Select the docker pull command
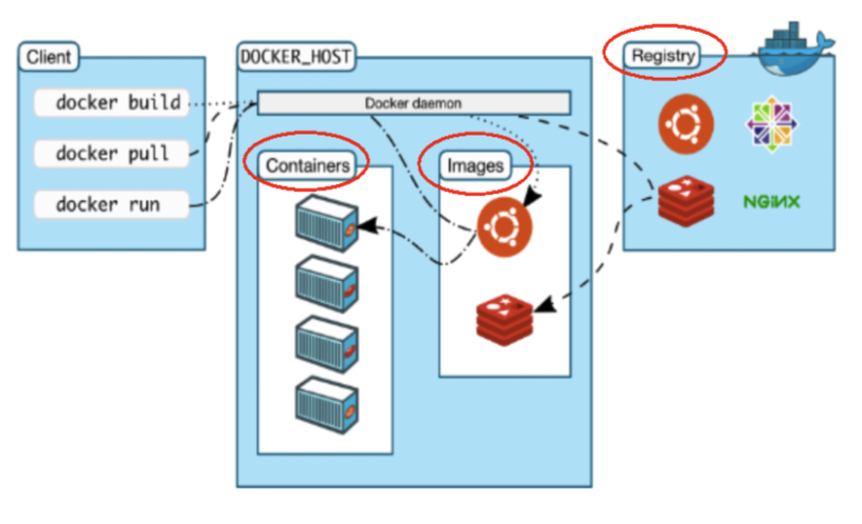(111, 153)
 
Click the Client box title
(49, 57)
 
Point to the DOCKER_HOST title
(296, 56)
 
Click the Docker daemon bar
(413, 103)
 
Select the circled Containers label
(309, 164)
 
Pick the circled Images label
(475, 164)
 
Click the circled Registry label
(663, 56)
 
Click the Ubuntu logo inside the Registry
(686, 125)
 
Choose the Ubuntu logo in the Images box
(505, 228)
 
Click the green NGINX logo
(772, 202)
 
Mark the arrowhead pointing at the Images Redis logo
(545, 299)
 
